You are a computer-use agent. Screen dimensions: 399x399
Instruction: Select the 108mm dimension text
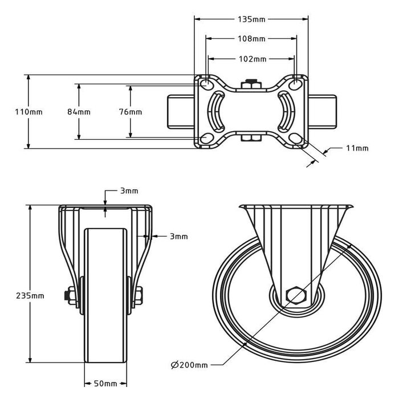pyautogui.click(x=251, y=39)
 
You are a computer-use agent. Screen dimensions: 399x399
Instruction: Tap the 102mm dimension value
pyautogui.click(x=251, y=59)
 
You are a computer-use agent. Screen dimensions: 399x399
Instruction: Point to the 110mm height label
pyautogui.click(x=28, y=112)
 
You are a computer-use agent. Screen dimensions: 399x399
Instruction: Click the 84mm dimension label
pyautogui.click(x=79, y=112)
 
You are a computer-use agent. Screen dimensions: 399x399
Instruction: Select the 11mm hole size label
pyautogui.click(x=357, y=148)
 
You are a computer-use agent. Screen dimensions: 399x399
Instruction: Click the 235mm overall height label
pyautogui.click(x=30, y=295)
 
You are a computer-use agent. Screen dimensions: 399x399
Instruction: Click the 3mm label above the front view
pyautogui.click(x=129, y=191)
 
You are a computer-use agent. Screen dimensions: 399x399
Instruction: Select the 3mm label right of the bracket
pyautogui.click(x=178, y=236)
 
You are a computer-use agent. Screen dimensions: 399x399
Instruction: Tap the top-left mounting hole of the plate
pyautogui.click(x=206, y=84)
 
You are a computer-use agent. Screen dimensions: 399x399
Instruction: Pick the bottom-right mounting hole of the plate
pyautogui.click(x=295, y=139)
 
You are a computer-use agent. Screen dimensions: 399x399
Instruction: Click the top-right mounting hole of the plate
pyautogui.click(x=295, y=84)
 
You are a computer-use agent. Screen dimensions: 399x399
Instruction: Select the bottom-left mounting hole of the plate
pyautogui.click(x=206, y=139)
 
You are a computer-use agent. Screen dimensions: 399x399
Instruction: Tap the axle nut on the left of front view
pyautogui.click(x=71, y=296)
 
